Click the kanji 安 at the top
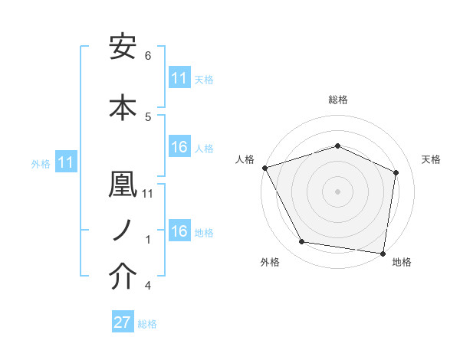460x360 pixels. tap(123, 48)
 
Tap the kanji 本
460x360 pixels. tap(123, 106)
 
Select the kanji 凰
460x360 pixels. tap(123, 185)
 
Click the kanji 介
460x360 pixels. tap(123, 277)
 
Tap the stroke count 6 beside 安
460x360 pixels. tap(148, 56)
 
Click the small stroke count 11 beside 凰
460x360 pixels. tap(148, 193)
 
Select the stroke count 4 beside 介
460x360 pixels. tap(148, 286)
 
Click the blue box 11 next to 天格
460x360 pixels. tap(179, 79)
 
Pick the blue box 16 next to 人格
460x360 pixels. tap(179, 148)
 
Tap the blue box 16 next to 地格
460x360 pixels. tap(179, 232)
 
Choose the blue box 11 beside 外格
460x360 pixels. tap(66, 163)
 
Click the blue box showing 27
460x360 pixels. tap(123, 323)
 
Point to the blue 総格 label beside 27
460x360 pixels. tap(147, 324)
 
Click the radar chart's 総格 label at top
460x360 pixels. tap(337, 100)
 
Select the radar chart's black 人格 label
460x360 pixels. tap(245, 159)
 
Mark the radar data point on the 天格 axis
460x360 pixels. tap(396, 172)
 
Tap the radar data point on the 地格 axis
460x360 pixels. tap(383, 253)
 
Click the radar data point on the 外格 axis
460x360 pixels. tap(302, 242)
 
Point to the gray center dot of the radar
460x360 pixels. tap(337, 191)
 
